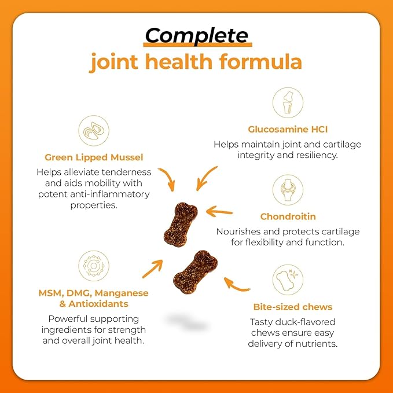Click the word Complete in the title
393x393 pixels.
point(197,35)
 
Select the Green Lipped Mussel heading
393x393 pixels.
point(94,157)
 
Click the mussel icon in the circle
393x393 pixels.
point(94,131)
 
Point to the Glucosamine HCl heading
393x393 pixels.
point(288,129)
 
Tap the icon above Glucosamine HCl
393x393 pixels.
point(288,102)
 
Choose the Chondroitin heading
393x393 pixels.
point(288,216)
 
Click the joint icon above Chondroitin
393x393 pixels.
point(288,190)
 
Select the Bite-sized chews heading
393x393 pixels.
point(293,307)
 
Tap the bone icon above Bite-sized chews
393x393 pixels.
point(288,280)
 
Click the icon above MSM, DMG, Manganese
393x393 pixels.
point(94,266)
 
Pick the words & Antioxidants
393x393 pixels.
point(94,304)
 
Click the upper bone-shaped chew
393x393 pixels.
point(181,225)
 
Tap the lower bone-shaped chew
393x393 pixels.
point(195,272)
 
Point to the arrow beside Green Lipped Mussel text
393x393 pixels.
point(168,177)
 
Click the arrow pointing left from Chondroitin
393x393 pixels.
point(219,212)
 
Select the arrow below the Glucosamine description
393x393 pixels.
point(205,178)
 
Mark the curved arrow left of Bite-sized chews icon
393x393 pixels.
point(236,286)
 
